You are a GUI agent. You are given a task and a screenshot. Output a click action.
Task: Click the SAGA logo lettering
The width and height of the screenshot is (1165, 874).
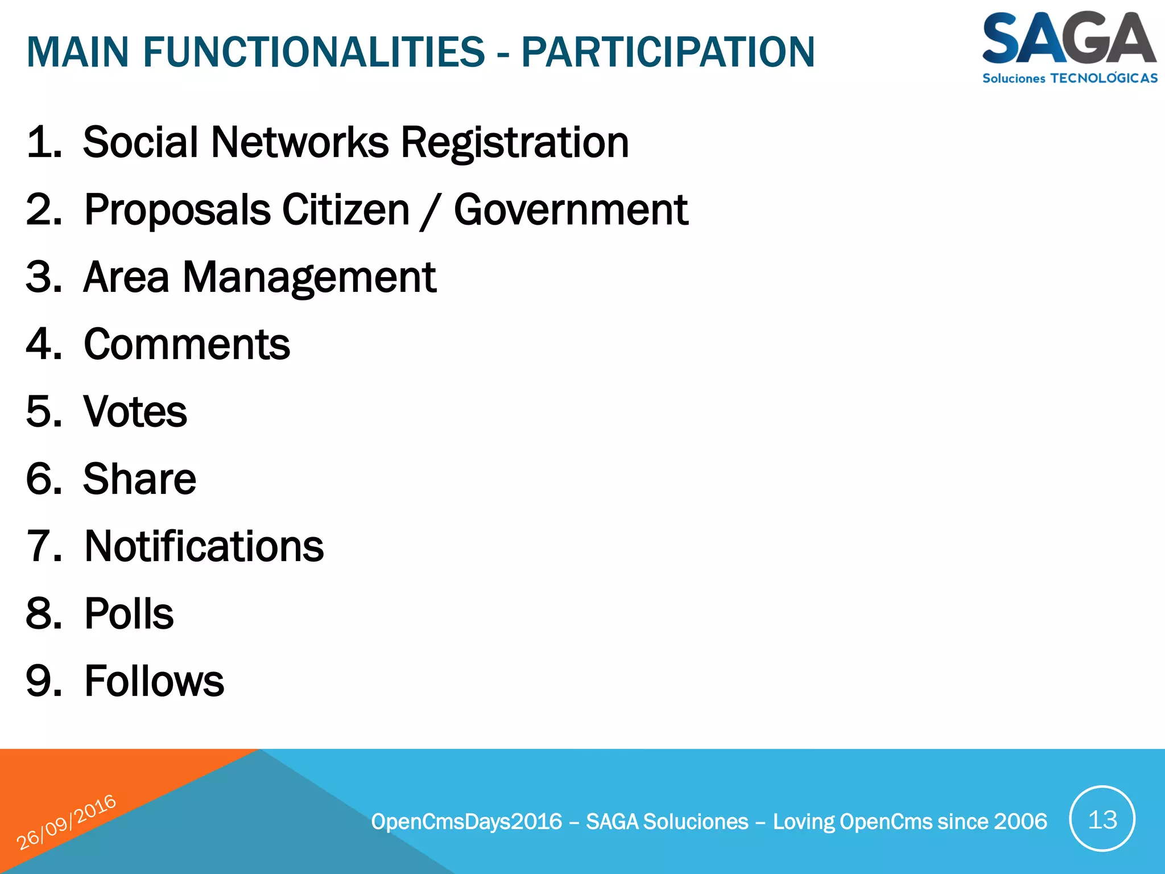1068,39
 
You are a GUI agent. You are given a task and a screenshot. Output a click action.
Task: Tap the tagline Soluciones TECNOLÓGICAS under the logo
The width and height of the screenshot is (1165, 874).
1069,79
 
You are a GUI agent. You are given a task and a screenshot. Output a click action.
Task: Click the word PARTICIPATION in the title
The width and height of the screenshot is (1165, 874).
668,52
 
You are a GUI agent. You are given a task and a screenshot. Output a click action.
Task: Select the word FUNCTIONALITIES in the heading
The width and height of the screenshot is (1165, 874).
313,52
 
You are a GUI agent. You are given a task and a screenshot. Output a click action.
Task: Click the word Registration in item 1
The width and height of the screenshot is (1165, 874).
515,142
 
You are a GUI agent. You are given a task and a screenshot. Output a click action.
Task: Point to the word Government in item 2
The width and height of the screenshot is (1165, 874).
571,210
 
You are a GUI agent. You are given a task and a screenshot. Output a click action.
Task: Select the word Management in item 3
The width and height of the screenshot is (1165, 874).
309,278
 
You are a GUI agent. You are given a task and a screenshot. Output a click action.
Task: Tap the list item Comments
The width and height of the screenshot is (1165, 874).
187,345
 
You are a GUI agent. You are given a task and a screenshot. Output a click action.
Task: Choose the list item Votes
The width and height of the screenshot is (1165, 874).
135,412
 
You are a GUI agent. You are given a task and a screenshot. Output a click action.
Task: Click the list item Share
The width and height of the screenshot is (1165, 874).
139,479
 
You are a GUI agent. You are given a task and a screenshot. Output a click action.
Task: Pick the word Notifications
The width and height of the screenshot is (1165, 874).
204,546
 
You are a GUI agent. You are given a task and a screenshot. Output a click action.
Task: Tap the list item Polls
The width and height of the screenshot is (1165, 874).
129,614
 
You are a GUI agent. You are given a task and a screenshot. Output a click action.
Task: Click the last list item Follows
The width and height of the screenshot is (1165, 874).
154,681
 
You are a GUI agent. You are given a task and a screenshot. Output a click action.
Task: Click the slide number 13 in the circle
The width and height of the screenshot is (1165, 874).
1102,820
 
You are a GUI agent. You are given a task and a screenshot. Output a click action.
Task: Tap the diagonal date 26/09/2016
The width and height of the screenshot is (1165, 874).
66,822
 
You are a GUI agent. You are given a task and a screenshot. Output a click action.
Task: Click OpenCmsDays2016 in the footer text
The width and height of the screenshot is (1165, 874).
466,822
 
